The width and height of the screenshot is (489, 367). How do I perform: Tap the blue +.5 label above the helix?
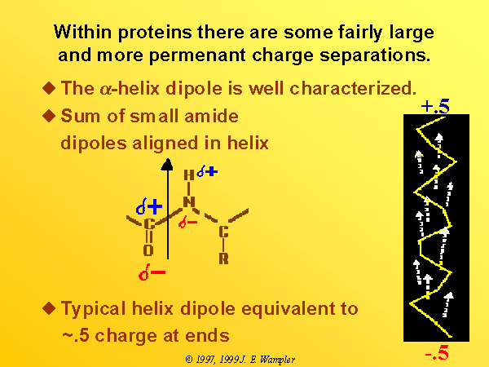[435, 106]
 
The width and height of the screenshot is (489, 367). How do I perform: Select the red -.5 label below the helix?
[437, 352]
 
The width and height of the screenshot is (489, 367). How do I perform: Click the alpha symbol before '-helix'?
[105, 89]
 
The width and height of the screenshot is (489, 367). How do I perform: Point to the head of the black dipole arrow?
[167, 165]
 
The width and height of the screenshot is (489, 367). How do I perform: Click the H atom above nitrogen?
[189, 175]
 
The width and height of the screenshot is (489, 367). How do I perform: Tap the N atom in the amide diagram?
[189, 202]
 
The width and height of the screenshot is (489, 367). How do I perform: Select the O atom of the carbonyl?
[148, 250]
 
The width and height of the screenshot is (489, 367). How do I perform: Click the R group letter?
[223, 259]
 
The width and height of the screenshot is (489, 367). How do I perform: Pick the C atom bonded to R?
[223, 232]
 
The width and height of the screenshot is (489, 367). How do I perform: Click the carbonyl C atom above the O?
[149, 224]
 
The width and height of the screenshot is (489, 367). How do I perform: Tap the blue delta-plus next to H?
[207, 170]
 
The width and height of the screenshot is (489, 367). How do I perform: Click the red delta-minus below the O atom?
[152, 272]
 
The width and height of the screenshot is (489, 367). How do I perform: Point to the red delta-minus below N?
[187, 222]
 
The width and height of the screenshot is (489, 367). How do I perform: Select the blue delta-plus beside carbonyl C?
[149, 206]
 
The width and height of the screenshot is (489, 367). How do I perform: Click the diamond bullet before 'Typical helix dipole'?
[49, 308]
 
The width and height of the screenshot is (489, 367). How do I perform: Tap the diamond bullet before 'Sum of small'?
[49, 116]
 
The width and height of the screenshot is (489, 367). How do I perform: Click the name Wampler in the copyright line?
[277, 360]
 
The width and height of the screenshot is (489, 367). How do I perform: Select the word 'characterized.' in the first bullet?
[353, 88]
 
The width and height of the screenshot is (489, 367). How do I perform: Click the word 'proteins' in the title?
[155, 33]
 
